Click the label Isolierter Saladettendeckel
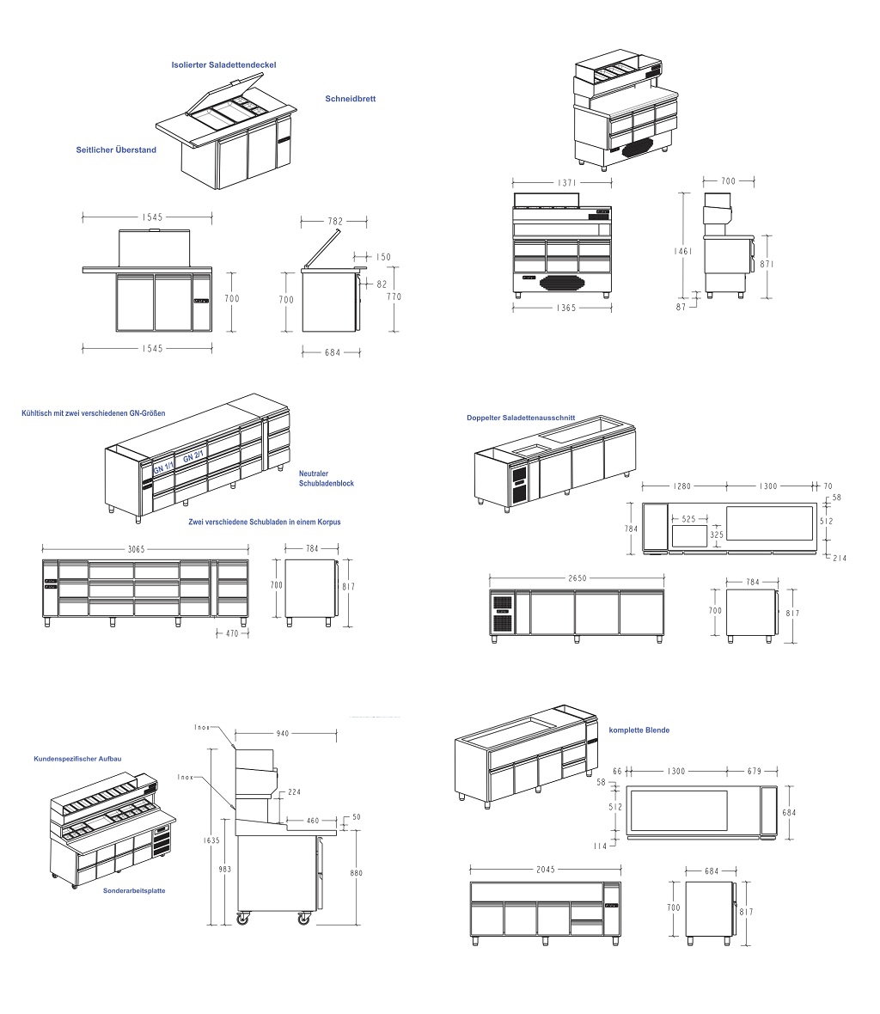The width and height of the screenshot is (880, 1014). [223, 64]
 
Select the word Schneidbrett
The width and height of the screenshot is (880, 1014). [351, 99]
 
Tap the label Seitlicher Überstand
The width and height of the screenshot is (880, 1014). [116, 150]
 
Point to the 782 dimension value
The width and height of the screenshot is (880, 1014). [335, 221]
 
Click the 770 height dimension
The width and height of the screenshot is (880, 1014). [394, 296]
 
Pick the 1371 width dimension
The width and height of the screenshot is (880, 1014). [567, 183]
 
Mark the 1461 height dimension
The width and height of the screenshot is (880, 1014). [683, 251]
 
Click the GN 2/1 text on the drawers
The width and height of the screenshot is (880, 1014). [193, 457]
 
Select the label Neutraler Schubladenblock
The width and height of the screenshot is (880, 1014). [326, 479]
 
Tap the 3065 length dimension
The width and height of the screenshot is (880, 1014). [136, 549]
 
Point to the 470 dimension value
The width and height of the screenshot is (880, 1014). [232, 634]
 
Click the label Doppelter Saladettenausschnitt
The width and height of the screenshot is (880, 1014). [521, 418]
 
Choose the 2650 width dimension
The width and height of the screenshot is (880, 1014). [577, 578]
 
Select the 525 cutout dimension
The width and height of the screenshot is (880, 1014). [688, 519]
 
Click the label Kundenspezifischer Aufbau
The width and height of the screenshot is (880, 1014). [77, 759]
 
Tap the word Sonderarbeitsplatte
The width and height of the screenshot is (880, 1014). [134, 890]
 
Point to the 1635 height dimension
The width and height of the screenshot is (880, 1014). [211, 840]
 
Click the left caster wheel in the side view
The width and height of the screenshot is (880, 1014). [242, 919]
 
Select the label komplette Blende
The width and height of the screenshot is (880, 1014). [639, 730]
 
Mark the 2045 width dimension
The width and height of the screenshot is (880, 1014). [546, 870]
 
